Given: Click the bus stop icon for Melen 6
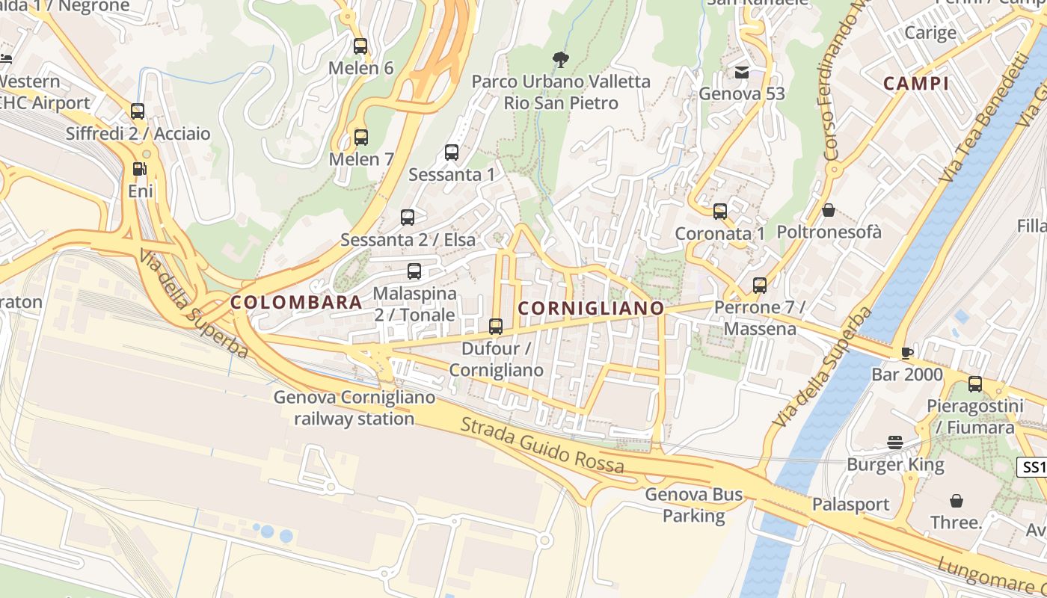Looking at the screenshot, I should tap(360, 46).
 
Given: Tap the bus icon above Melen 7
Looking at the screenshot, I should tap(361, 138).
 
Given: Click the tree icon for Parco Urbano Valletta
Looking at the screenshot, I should tap(560, 60).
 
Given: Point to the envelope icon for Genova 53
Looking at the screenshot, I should tap(742, 73).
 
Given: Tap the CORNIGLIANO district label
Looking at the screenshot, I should tap(591, 308).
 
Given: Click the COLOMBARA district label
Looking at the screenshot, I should tap(296, 303).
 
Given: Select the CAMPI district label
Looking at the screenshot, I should tap(916, 83).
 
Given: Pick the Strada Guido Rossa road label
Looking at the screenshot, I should tap(542, 446).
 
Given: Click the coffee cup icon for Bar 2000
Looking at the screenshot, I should tap(907, 353).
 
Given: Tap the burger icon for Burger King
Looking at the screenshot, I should tap(895, 443).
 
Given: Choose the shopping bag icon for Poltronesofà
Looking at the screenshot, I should tap(829, 211).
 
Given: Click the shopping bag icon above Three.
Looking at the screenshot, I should tap(956, 500).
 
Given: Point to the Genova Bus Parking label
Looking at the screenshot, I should tap(694, 505).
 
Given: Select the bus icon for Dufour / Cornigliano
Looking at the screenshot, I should tap(496, 326).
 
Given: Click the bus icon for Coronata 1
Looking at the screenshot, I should tap(720, 212).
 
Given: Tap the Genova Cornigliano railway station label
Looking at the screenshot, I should tap(354, 407).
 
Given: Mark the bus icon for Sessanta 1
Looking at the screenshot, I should tap(452, 152).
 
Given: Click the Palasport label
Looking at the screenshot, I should tap(851, 505).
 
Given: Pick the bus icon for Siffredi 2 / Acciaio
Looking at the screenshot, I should tap(138, 111).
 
